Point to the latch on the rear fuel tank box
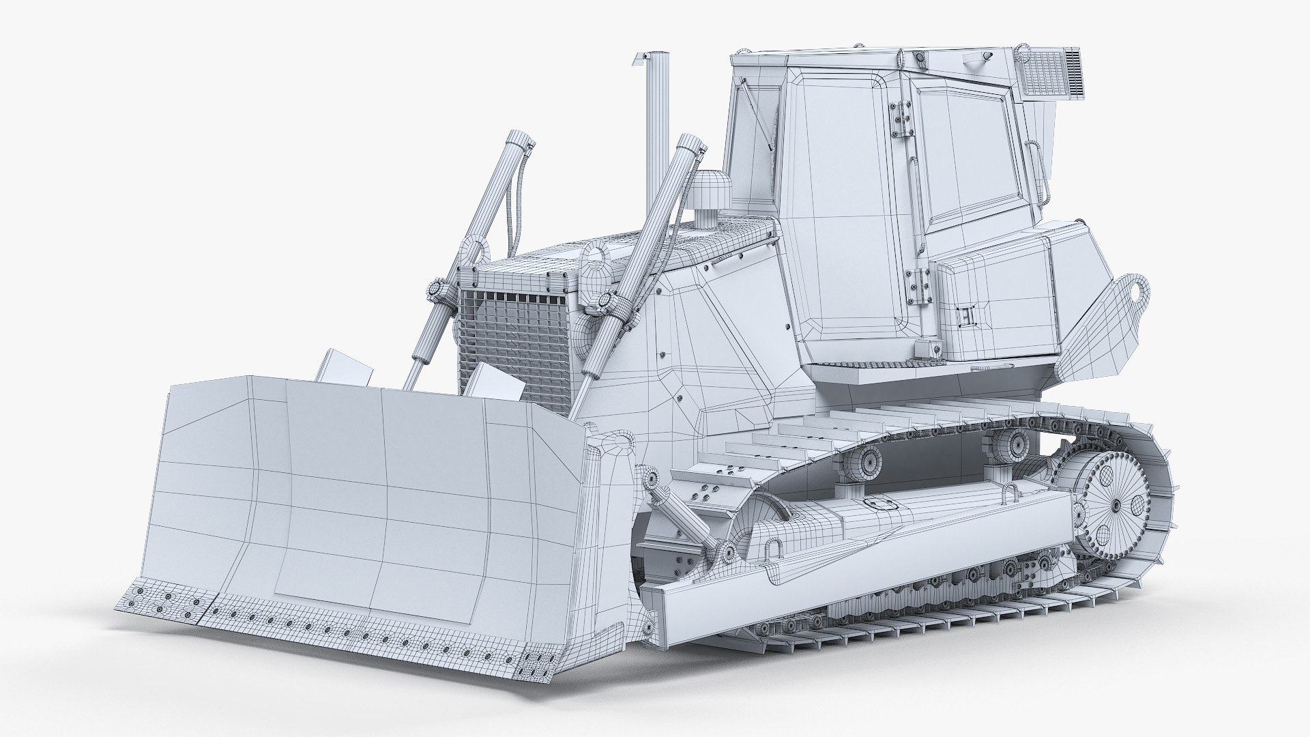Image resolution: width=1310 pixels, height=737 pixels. click(x=966, y=318)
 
